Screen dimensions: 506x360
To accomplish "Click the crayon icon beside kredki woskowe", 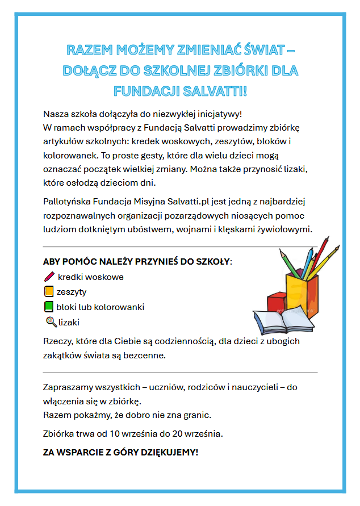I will click(x=49, y=277).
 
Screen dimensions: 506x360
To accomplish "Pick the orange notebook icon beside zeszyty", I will click(x=49, y=292).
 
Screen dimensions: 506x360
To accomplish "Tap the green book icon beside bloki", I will click(x=49, y=307).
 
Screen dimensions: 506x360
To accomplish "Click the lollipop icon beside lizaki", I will click(x=51, y=322).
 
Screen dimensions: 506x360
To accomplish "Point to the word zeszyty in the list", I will click(x=72, y=292).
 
